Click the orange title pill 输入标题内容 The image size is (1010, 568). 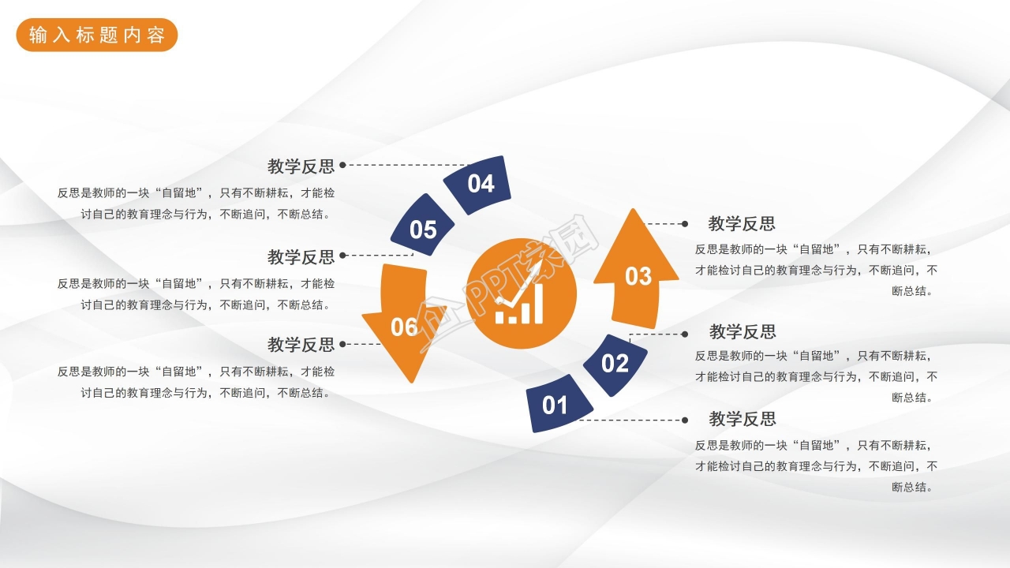97,35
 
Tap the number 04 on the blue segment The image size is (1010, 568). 481,184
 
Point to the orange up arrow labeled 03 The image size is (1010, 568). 636,273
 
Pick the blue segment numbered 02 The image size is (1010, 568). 615,364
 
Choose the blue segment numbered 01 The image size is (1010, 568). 556,405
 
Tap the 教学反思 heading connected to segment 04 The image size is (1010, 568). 301,166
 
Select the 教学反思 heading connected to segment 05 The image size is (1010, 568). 301,257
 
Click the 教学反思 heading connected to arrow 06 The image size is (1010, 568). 301,345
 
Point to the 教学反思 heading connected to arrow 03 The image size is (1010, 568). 742,224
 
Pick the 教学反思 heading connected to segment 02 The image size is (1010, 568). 743,331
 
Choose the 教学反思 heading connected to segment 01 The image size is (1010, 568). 743,419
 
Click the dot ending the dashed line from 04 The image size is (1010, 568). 342,166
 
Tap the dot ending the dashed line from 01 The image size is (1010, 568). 685,420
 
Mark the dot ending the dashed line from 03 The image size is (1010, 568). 685,224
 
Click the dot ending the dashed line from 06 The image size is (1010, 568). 342,344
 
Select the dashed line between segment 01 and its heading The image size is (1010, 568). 631,420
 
